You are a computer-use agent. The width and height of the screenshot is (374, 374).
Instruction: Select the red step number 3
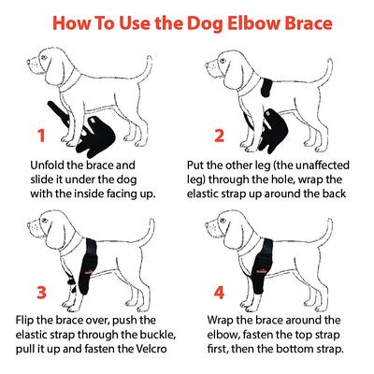pos(40,292)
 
